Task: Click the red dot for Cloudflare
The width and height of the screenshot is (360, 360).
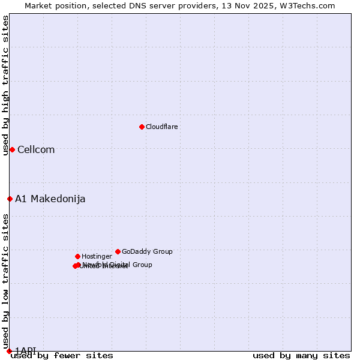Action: (x=142, y=127)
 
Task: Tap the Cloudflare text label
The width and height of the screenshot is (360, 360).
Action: (x=161, y=127)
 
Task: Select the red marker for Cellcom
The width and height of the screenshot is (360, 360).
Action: (x=12, y=149)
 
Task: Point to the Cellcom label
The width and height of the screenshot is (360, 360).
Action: (x=36, y=150)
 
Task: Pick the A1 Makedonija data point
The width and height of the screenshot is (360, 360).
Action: (x=10, y=199)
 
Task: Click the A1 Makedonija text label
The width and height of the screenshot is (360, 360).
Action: (x=50, y=199)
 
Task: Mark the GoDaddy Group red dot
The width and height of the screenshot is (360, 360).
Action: (x=118, y=251)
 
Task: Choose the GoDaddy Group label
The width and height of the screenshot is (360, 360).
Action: (x=147, y=252)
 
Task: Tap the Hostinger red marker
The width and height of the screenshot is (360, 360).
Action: (x=77, y=256)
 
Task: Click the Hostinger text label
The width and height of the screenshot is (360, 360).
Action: (x=97, y=257)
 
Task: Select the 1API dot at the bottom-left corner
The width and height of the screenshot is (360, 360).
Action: (x=9, y=351)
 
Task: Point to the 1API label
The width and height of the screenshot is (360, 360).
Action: (x=25, y=350)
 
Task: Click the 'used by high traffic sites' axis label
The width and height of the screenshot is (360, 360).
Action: (x=5, y=85)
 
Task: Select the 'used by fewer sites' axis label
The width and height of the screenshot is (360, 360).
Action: (x=62, y=356)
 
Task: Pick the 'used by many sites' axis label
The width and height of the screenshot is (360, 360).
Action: (x=301, y=356)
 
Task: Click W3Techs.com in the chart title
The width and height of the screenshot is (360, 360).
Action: (x=310, y=5)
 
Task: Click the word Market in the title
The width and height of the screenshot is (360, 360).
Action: (x=38, y=5)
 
